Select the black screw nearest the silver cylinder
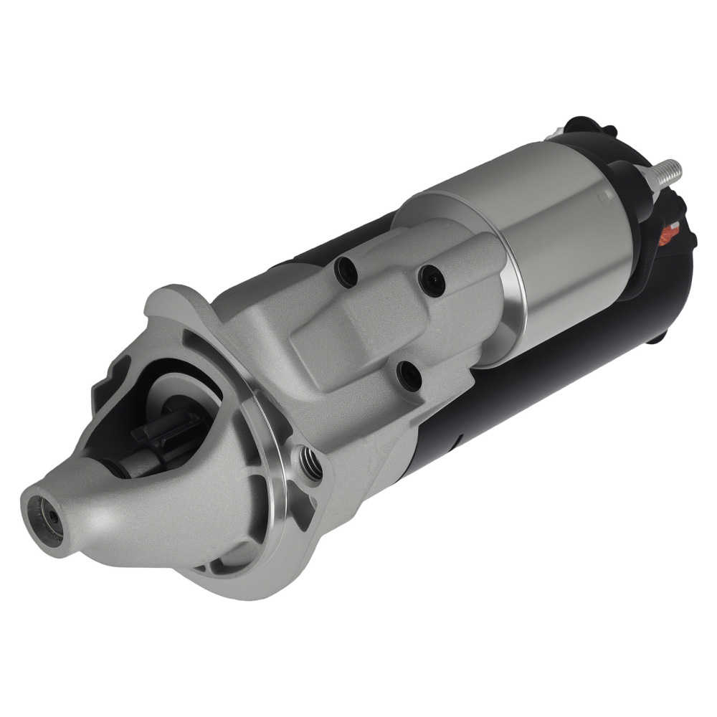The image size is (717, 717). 432,280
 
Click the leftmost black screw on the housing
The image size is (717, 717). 347,271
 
